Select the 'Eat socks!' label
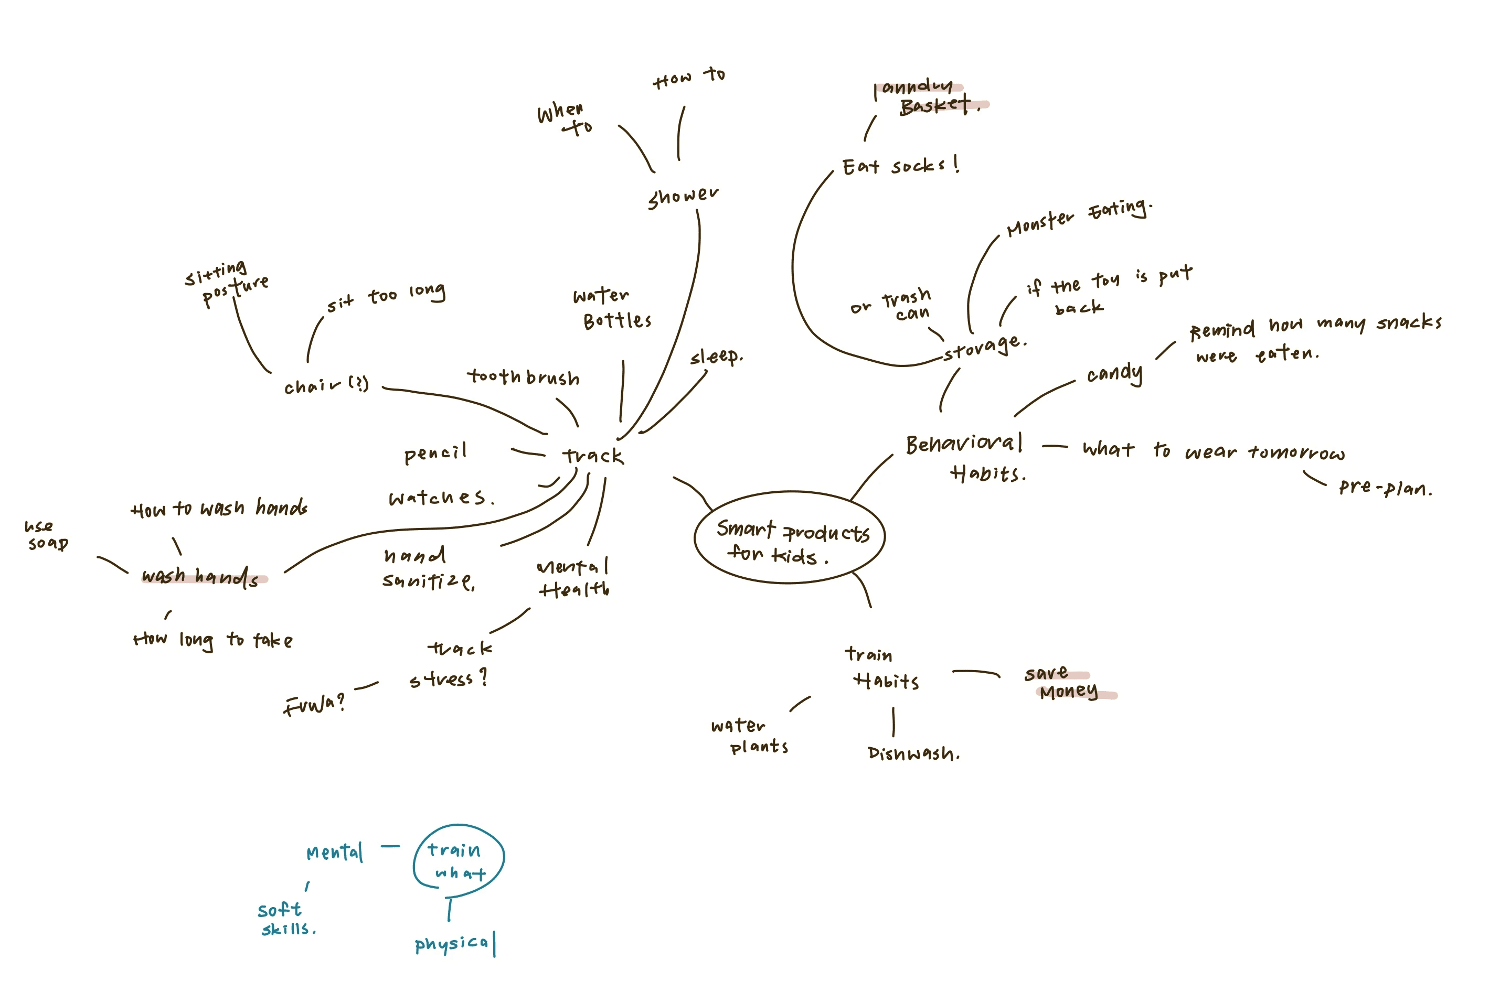[x=899, y=166]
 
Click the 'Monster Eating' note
[x=1079, y=218]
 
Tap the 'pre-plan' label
[x=1385, y=489]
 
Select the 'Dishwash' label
[x=913, y=753]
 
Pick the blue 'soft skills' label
[x=285, y=919]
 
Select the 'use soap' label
[x=47, y=535]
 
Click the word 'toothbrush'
[x=523, y=377]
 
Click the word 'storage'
[x=984, y=347]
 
